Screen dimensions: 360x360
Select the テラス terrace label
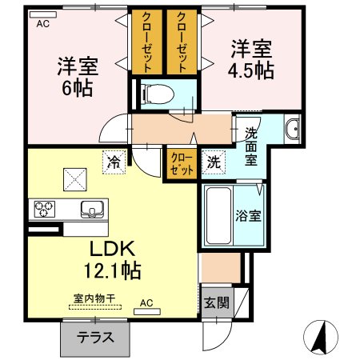click(94, 337)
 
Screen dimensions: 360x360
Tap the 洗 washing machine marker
click(214, 161)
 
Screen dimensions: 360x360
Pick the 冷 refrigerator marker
click(114, 162)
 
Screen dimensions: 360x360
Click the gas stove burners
click(43, 210)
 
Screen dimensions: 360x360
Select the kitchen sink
click(91, 210)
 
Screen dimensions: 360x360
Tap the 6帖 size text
click(72, 86)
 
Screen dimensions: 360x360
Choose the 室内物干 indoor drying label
click(94, 298)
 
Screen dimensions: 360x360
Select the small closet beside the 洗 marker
click(180, 163)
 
